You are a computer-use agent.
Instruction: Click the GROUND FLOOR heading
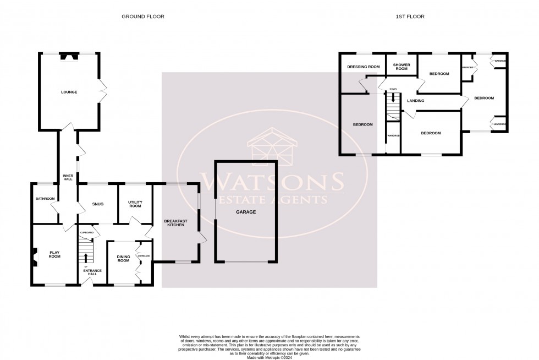tap(143, 17)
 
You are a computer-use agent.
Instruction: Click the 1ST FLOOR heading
tap(410, 17)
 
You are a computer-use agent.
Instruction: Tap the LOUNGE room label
tap(69, 92)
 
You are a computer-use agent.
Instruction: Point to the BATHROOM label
tap(45, 199)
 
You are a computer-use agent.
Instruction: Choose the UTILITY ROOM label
tap(135, 204)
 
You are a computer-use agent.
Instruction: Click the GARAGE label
tap(246, 211)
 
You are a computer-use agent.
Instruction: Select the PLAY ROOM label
tap(54, 255)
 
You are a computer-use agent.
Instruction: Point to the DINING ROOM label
tap(123, 258)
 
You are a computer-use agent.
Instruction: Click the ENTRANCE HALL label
tap(90, 272)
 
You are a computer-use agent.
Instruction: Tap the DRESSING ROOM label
tap(364, 67)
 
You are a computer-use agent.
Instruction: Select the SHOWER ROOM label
tap(401, 67)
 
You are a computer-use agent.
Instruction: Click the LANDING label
tap(415, 101)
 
